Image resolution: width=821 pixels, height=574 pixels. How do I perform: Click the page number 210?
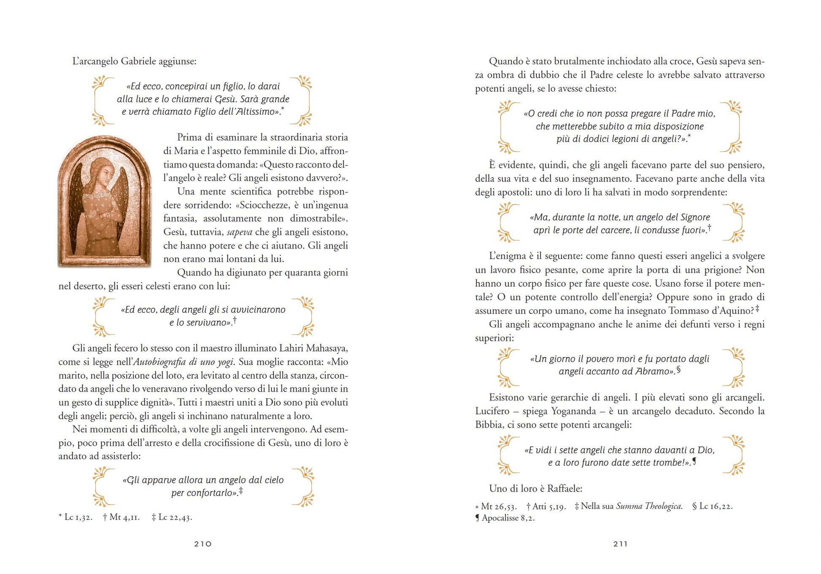(x=203, y=544)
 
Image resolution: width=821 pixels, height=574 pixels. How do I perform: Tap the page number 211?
(x=620, y=544)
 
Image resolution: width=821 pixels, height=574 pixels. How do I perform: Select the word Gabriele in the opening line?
(x=138, y=61)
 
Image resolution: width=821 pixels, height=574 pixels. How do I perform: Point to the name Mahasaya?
(x=327, y=348)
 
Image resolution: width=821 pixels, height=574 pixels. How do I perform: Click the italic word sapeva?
(x=240, y=232)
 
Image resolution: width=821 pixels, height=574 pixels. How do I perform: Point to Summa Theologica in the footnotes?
(x=649, y=506)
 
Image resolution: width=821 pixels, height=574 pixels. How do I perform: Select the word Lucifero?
(x=492, y=411)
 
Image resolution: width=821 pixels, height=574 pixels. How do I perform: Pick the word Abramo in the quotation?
(x=652, y=371)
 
